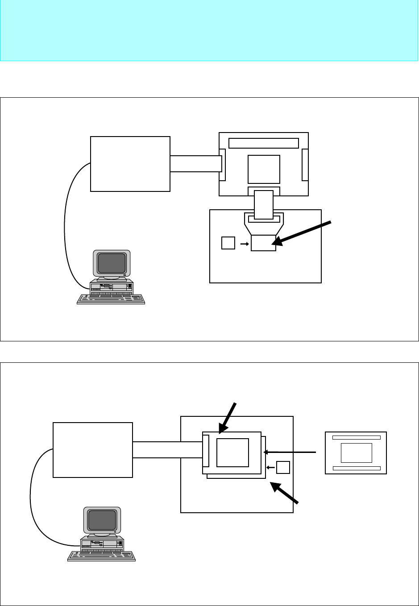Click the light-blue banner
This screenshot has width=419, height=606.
pos(209,30)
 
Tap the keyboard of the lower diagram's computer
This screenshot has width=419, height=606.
pos(101,556)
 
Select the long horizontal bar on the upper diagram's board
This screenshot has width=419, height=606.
pos(263,143)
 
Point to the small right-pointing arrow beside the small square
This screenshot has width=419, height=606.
pos(244,244)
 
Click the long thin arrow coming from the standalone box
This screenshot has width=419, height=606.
pos(290,452)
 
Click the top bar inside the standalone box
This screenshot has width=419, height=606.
pos(356,437)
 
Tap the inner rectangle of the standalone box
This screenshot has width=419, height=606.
pos(356,453)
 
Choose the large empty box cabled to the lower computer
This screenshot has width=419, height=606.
pos(93,450)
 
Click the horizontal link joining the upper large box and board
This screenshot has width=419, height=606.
pos(195,163)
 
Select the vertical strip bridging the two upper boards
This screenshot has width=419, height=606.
pos(263,204)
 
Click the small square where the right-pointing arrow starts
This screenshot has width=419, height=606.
pos(228,243)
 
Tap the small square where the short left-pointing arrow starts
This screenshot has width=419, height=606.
pos(283,467)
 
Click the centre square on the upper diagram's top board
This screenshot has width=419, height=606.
pos(264,169)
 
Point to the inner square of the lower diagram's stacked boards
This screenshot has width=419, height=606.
pos(232,452)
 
